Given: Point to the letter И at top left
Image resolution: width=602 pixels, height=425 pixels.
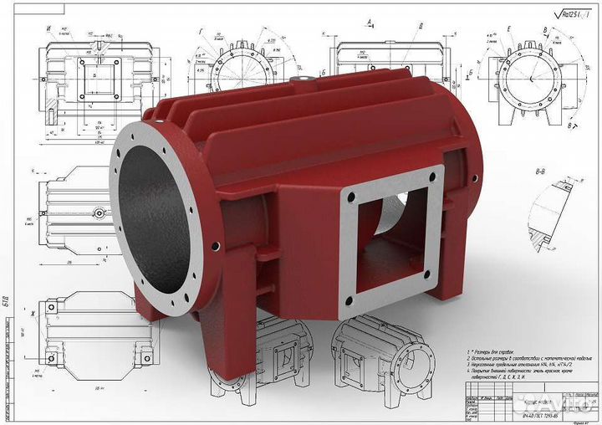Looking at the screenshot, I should coord(49,28).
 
